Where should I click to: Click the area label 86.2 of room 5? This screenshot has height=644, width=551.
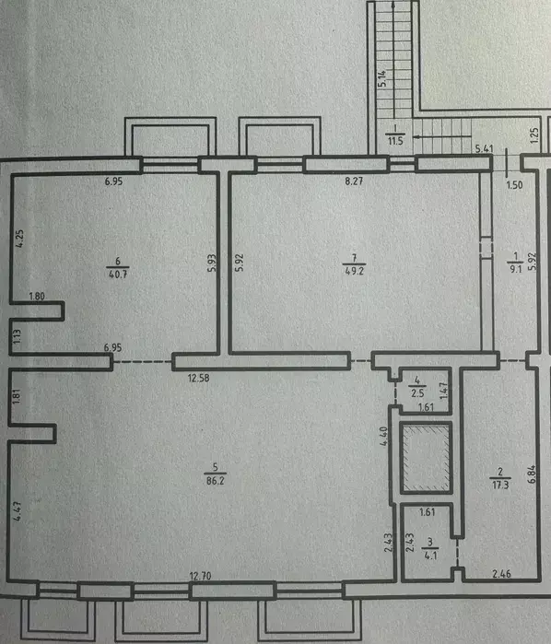pyautogui.click(x=216, y=481)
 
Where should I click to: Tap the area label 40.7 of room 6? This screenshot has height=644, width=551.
pyautogui.click(x=118, y=274)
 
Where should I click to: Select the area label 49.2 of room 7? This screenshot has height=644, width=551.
pyautogui.click(x=354, y=271)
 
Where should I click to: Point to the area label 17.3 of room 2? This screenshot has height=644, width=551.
pyautogui.click(x=500, y=485)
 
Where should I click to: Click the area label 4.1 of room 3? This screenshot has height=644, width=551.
pyautogui.click(x=430, y=556)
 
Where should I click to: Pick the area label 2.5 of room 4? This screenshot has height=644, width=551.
pyautogui.click(x=417, y=393)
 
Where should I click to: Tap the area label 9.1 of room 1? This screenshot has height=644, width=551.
pyautogui.click(x=516, y=269)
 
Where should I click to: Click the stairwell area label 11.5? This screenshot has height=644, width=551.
pyautogui.click(x=395, y=141)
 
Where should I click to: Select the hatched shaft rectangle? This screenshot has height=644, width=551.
pyautogui.click(x=427, y=458)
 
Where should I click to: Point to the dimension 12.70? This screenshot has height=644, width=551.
pyautogui.click(x=200, y=576)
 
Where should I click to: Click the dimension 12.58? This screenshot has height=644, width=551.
pyautogui.click(x=198, y=378)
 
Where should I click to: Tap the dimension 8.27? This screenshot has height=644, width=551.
pyautogui.click(x=354, y=181)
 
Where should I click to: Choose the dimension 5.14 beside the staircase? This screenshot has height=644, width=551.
pyautogui.click(x=382, y=78)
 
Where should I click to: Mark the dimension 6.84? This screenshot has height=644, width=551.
pyautogui.click(x=532, y=474)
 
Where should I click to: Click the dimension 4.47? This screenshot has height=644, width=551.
pyautogui.click(x=18, y=511)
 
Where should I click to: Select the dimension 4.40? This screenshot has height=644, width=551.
pyautogui.click(x=384, y=436)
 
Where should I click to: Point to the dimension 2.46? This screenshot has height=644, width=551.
pyautogui.click(x=501, y=574)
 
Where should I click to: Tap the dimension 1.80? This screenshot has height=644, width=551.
pyautogui.click(x=37, y=296)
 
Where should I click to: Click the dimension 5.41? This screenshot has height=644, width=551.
pyautogui.click(x=485, y=148)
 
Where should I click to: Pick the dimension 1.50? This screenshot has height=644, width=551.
pyautogui.click(x=514, y=185)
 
